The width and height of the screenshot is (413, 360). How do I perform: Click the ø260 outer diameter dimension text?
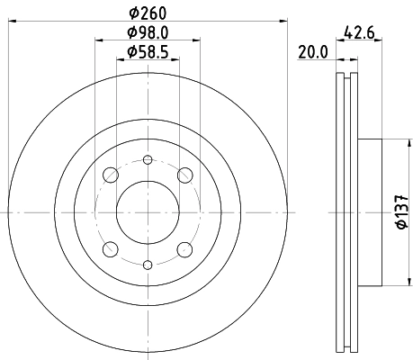tap(147, 13)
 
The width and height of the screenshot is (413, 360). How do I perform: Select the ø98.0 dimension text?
tap(147, 33)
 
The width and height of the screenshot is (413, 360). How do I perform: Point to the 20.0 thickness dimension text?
tap(311, 52)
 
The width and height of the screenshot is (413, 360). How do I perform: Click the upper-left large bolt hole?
tap(110, 175)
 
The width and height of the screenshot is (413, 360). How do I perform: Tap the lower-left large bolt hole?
tap(110, 249)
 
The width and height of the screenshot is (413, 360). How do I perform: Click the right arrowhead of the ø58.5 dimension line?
tap(175, 61)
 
